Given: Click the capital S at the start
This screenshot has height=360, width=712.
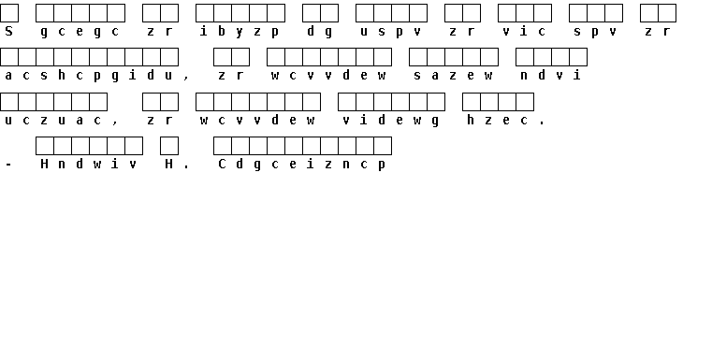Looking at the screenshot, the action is pyautogui.click(x=8, y=31).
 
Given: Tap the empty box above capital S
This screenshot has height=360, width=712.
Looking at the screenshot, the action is pyautogui.click(x=9, y=13).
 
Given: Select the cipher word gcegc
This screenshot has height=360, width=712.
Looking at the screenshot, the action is pyautogui.click(x=80, y=32).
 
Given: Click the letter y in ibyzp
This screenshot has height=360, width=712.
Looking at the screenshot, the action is pyautogui.click(x=240, y=32).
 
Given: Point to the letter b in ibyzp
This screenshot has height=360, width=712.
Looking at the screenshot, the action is pyautogui.click(x=222, y=31).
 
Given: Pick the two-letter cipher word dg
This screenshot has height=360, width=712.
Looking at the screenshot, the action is pyautogui.click(x=320, y=32).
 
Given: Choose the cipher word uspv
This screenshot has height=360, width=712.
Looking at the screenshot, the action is pyautogui.click(x=390, y=32).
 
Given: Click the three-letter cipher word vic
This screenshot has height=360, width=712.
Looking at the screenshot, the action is pyautogui.click(x=524, y=31).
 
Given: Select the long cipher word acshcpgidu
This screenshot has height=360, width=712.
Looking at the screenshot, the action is pyautogui.click(x=89, y=76).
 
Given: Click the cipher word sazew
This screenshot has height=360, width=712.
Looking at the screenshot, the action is pyautogui.click(x=453, y=76).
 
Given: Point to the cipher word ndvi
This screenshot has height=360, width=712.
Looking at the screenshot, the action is pyautogui.click(x=551, y=75).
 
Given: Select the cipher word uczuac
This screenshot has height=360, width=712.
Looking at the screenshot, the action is pyautogui.click(x=53, y=121).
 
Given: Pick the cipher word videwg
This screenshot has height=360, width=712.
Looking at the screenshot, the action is pyautogui.click(x=390, y=121).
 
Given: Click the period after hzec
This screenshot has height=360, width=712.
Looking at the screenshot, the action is pyautogui.click(x=542, y=123).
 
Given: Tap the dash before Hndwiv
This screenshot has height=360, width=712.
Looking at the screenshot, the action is pyautogui.click(x=8, y=165).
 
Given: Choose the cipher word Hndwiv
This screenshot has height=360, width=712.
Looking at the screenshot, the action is pyautogui.click(x=89, y=165).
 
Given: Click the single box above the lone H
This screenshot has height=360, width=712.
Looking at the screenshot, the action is pyautogui.click(x=169, y=146).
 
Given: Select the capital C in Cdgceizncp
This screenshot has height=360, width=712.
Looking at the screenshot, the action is pyautogui.click(x=222, y=165).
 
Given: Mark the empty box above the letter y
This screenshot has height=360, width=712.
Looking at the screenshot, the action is pyautogui.click(x=240, y=13).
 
